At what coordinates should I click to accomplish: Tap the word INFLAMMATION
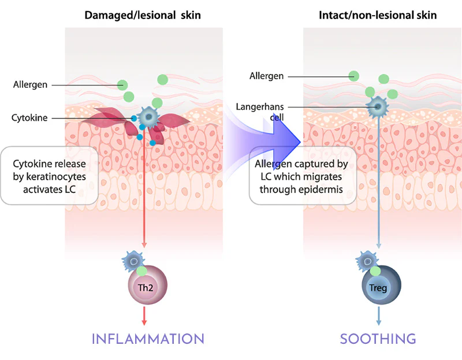tap(148, 339)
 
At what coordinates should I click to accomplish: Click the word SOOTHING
tap(378, 339)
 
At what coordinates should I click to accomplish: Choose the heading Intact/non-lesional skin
tap(378, 15)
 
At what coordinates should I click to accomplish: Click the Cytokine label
tap(29, 118)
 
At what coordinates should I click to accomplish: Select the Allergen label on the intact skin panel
tap(266, 76)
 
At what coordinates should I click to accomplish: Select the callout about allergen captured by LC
tap(301, 175)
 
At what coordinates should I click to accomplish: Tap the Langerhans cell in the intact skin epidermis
tap(378, 106)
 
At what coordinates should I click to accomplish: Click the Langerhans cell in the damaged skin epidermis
tap(149, 117)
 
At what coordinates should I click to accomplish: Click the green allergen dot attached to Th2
tap(141, 270)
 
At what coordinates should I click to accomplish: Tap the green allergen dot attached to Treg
tap(376, 270)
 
